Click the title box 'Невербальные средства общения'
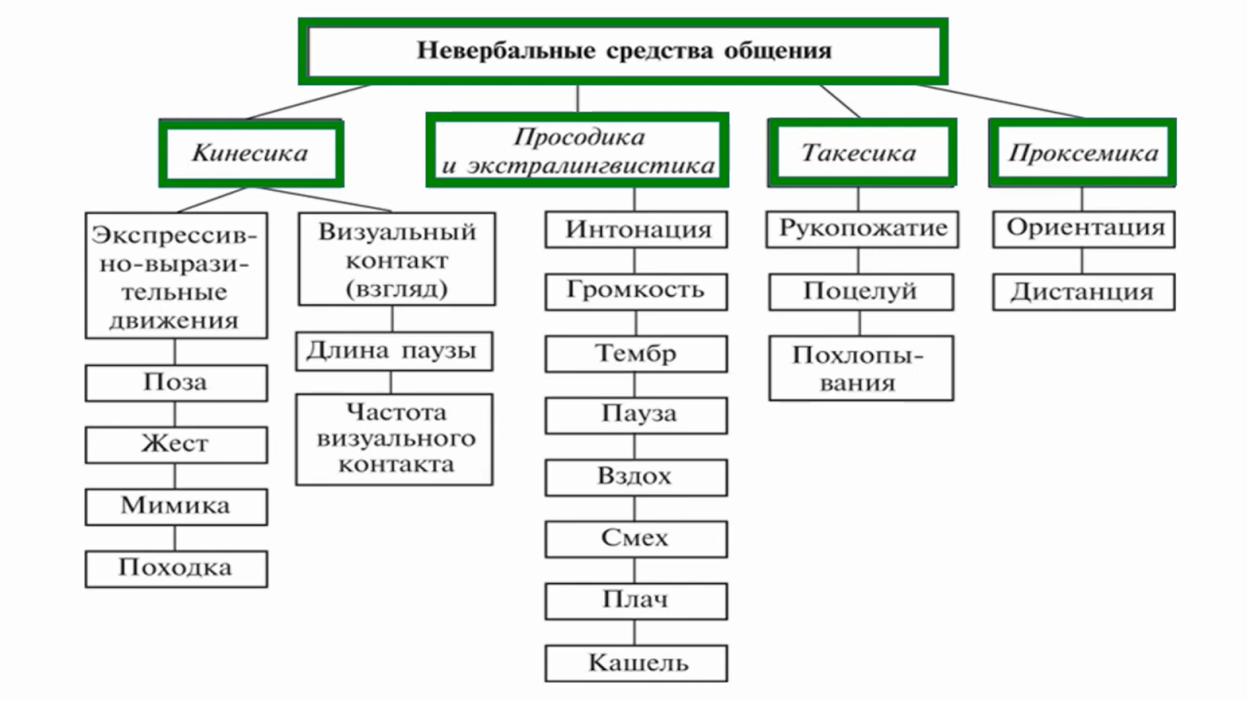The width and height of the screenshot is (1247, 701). [x=623, y=51]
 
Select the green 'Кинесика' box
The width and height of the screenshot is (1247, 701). [x=251, y=153]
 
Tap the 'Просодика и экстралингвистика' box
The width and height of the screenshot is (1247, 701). [x=578, y=150]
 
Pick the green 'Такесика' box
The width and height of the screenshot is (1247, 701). [x=862, y=153]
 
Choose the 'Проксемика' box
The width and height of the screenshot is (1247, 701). [x=1083, y=153]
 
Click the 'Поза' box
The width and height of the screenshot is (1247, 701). [x=176, y=382]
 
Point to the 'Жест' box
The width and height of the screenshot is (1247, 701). [x=176, y=445]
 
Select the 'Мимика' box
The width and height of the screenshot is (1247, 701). [x=176, y=507]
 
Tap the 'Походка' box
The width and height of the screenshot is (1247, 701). [x=176, y=569]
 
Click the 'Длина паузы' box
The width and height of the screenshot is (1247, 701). [x=394, y=351]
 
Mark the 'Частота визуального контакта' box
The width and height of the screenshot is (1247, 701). [x=394, y=439]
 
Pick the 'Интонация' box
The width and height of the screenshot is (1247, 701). [x=636, y=229]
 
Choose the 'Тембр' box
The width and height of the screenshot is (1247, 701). [x=636, y=354]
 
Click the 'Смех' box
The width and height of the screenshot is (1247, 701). [x=636, y=539]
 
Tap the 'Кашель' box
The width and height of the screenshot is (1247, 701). [x=636, y=663]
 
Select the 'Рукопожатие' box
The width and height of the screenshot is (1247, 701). [x=862, y=229]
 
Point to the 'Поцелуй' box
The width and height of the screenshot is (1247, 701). [x=861, y=291]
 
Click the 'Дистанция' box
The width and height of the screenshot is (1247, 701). [x=1084, y=291]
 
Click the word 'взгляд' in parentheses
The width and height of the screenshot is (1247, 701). [x=397, y=289]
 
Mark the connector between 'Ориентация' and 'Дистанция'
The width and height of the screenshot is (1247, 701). [x=1083, y=260]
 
